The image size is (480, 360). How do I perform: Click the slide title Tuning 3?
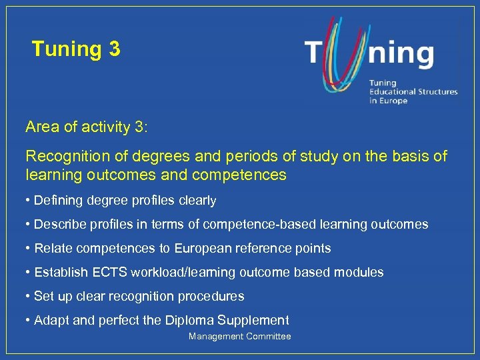point(76,49)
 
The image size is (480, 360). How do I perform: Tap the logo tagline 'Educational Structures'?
point(413,91)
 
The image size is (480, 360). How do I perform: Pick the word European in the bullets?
point(202,248)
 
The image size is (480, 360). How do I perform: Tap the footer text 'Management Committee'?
point(239,337)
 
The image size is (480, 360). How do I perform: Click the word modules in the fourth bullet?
point(361,272)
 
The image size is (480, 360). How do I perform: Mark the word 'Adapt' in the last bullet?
point(51,320)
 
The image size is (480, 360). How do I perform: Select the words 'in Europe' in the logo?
point(388,101)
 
